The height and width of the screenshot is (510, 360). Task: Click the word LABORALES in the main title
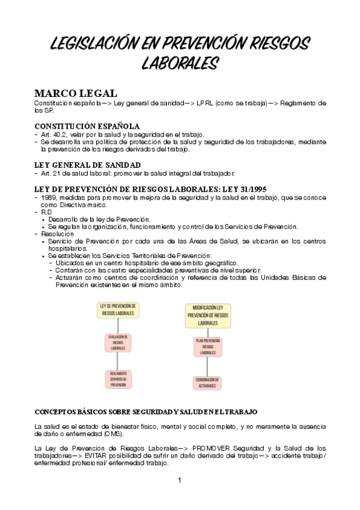[180, 63]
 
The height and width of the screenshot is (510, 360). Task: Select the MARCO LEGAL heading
[72, 94]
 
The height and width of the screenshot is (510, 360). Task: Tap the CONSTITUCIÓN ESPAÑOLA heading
[87, 126]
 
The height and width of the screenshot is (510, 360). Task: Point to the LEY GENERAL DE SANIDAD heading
[87, 165]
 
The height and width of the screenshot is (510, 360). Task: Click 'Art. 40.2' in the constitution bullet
[52, 134]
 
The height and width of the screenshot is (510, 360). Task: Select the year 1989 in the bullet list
[49, 197]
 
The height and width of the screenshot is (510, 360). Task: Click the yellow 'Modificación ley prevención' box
[207, 315]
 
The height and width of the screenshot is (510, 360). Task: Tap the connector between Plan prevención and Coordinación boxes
[207, 366]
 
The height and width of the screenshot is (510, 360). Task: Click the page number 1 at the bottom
[179, 480]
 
